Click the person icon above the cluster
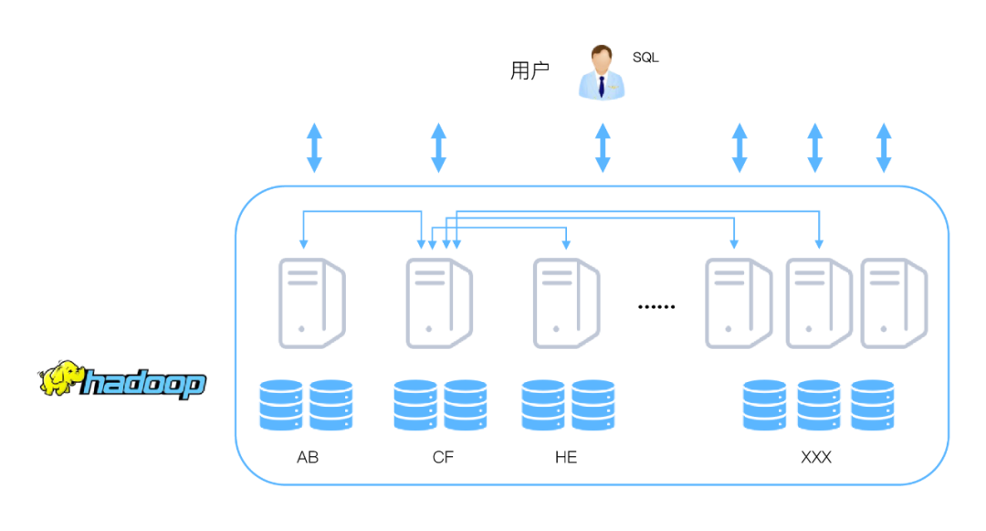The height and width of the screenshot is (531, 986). click(602, 72)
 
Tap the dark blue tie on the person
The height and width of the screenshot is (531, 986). click(602, 86)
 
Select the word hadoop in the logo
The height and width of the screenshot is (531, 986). click(144, 383)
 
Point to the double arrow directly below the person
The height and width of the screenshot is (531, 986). click(603, 148)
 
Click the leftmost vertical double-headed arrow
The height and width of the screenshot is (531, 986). click(314, 148)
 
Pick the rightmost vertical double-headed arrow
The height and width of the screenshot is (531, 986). click(884, 148)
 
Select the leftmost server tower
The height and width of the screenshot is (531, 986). click(311, 303)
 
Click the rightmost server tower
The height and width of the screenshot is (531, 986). click(893, 303)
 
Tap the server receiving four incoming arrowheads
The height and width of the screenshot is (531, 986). click(439, 303)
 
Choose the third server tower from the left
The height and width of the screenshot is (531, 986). click(566, 303)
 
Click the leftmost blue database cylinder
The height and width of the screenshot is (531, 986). click(280, 405)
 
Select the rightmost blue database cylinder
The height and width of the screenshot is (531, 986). click(873, 405)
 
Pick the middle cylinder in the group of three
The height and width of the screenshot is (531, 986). click(819, 405)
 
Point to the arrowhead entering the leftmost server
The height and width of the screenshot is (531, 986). click(304, 244)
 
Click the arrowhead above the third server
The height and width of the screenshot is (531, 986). click(566, 244)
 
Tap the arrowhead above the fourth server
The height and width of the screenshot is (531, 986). click(734, 244)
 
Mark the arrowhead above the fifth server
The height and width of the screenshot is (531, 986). click(819, 244)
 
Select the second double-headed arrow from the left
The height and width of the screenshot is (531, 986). click(439, 148)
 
